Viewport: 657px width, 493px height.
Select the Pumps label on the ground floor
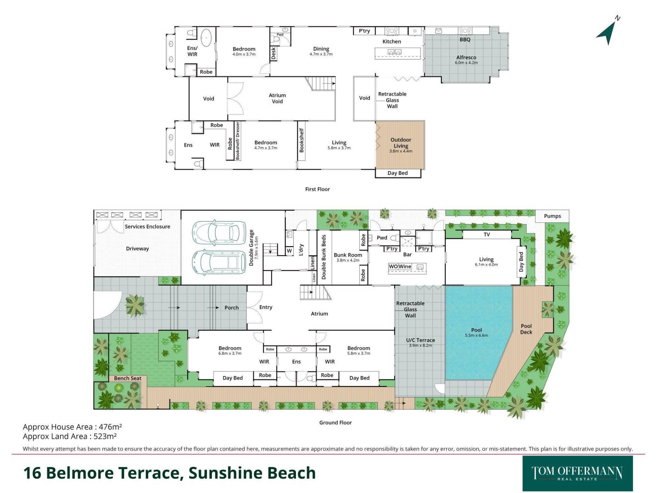pyautogui.click(x=552, y=216)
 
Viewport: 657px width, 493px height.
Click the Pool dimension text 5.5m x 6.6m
pyautogui.click(x=476, y=336)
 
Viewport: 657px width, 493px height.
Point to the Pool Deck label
pyautogui.click(x=526, y=329)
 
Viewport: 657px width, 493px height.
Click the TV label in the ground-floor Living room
pyautogui.click(x=487, y=235)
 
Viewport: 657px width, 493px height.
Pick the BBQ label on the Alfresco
pyautogui.click(x=465, y=39)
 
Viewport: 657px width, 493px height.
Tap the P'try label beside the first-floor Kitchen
pyautogui.click(x=364, y=31)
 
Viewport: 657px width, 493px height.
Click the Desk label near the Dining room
pyautogui.click(x=273, y=54)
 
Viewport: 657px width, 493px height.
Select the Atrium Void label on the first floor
pyautogui.click(x=277, y=98)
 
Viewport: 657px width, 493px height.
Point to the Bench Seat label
pyautogui.click(x=128, y=378)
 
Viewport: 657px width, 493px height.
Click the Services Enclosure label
pyautogui.click(x=147, y=227)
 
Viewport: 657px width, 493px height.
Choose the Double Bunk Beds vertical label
pyautogui.click(x=324, y=257)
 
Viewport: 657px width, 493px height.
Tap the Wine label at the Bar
pyautogui.click(x=405, y=266)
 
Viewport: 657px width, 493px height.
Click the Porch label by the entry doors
pyautogui.click(x=232, y=308)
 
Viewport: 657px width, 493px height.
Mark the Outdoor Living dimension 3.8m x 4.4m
pyautogui.click(x=401, y=151)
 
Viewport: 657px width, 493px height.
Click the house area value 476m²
pyautogui.click(x=110, y=427)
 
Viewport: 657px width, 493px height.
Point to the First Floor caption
pyautogui.click(x=318, y=189)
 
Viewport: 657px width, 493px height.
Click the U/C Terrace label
pyautogui.click(x=421, y=340)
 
